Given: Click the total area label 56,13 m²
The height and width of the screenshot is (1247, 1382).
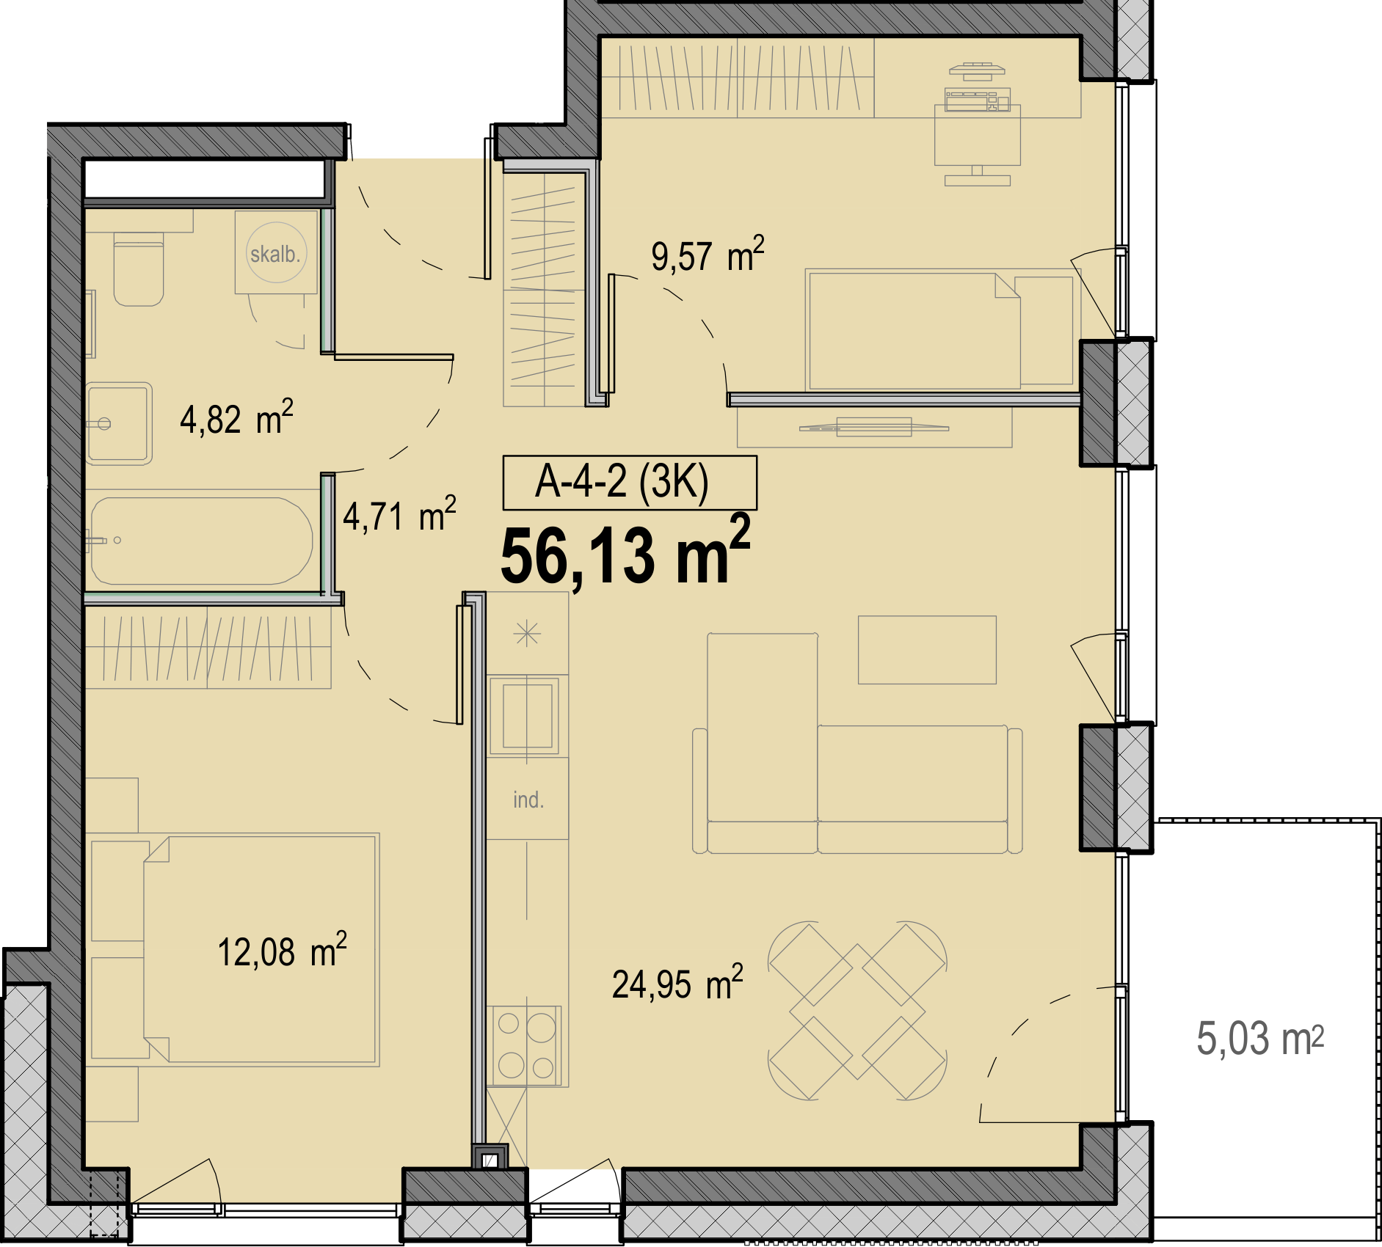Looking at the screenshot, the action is (625, 552).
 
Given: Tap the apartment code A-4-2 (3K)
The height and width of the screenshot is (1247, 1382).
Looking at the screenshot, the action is (622, 482).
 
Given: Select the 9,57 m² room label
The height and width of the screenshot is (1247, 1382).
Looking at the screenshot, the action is (708, 255).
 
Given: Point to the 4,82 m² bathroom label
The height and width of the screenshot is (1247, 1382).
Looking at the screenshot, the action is (236, 418).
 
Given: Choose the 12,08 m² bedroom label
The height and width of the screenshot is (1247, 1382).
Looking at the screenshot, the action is (282, 951).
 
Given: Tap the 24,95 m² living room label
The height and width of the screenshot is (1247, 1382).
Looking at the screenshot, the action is (677, 983).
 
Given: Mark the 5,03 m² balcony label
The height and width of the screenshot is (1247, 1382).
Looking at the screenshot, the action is (1260, 1039).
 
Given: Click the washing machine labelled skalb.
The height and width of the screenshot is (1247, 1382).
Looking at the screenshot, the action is (276, 252).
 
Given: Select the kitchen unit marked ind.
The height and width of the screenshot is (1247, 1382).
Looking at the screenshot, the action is (527, 799).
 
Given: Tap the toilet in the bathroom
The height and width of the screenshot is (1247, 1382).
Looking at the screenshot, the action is (139, 269).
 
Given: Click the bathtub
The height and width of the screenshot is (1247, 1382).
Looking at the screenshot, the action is (200, 541).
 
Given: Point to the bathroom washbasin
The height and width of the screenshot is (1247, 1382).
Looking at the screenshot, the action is (119, 424).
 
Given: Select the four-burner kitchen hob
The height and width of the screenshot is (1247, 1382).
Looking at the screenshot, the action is (526, 1045).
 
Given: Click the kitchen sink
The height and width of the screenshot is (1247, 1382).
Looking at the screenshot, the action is (527, 715).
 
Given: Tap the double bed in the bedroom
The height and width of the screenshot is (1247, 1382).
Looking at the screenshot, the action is (261, 949).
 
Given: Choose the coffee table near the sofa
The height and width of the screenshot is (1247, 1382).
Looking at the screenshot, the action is (927, 650).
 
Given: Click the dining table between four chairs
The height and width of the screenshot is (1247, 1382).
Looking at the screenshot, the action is (857, 1011).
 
